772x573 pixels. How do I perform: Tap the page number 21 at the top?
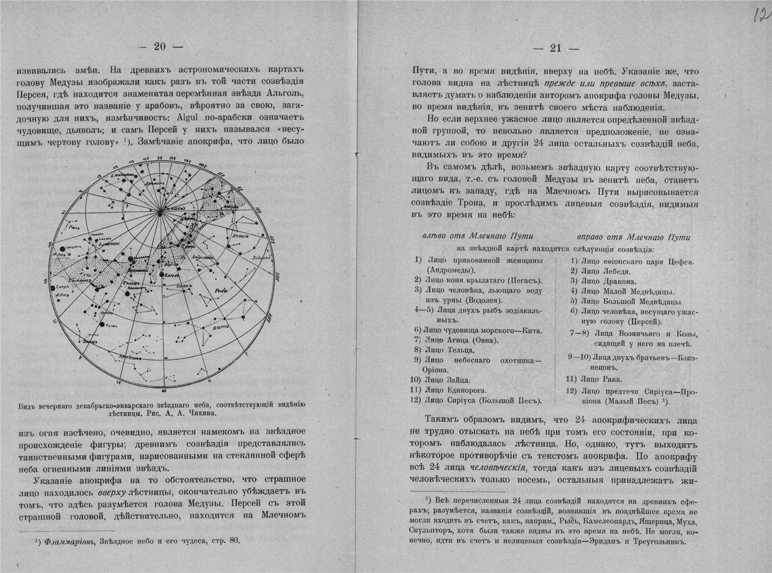(556, 48)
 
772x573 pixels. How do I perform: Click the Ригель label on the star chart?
(110, 325)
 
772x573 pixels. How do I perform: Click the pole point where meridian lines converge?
(160, 211)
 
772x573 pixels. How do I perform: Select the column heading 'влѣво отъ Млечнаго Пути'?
(478, 237)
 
